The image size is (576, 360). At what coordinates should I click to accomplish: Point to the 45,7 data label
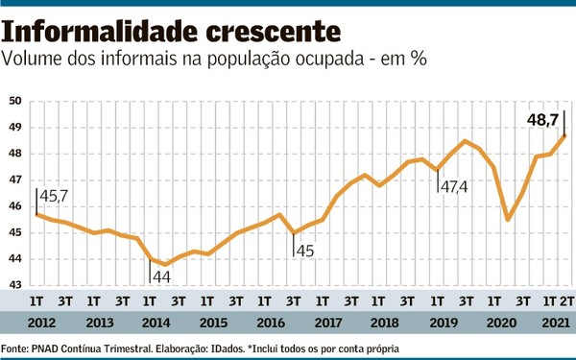pos(54,197)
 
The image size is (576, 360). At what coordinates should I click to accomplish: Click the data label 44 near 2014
pos(164,276)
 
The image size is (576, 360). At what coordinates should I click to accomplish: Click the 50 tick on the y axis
pos(16,101)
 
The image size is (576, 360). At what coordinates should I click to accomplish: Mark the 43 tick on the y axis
pos(16,285)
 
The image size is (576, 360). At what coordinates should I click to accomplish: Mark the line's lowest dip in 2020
pos(507,220)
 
